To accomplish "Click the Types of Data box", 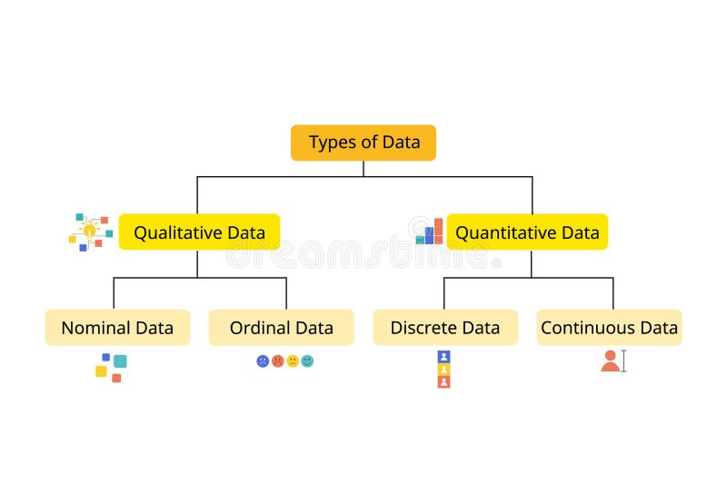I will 363,143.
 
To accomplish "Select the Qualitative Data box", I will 199,232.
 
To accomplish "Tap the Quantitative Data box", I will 527,232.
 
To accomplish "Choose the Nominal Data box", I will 117,328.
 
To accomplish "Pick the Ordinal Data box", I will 282,328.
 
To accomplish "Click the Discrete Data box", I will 445,328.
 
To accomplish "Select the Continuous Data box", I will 609,328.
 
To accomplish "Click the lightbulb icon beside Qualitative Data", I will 89,231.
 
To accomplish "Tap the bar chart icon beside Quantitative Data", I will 429,232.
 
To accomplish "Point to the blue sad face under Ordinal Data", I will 263,361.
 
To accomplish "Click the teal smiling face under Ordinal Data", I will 307,361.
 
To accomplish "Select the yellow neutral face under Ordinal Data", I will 293,361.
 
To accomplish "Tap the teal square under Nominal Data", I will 120,361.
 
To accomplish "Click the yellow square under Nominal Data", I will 101,370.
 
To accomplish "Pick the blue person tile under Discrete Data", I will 443,357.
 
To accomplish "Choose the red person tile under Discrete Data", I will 443,381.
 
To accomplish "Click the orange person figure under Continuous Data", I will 610,361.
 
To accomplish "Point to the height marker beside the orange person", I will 623,361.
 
